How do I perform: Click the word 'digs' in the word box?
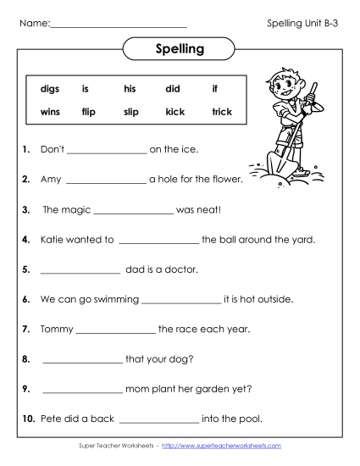(50, 89)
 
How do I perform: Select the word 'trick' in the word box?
(222, 112)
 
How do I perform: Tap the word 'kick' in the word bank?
(175, 112)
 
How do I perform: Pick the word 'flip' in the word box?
(89, 112)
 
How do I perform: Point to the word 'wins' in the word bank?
(50, 112)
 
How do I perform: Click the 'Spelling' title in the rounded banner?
(180, 49)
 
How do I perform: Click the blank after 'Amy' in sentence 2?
(105, 180)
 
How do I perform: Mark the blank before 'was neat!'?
(132, 210)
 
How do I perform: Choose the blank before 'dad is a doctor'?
(80, 270)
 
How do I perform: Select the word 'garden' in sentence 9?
(215, 389)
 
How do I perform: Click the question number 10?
(28, 419)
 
